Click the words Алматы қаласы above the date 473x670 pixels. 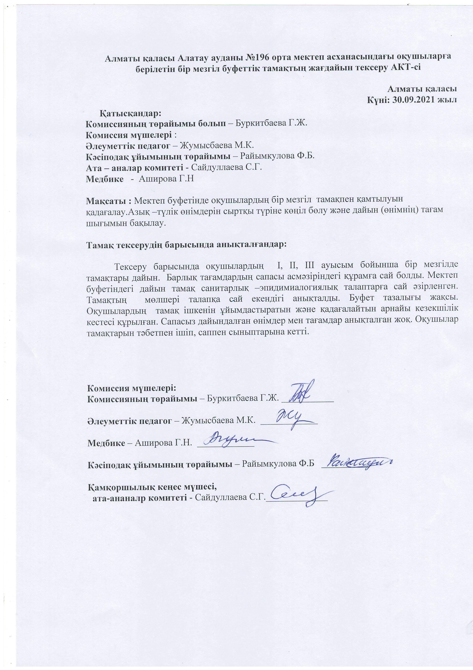pyautogui.click(x=422, y=88)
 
